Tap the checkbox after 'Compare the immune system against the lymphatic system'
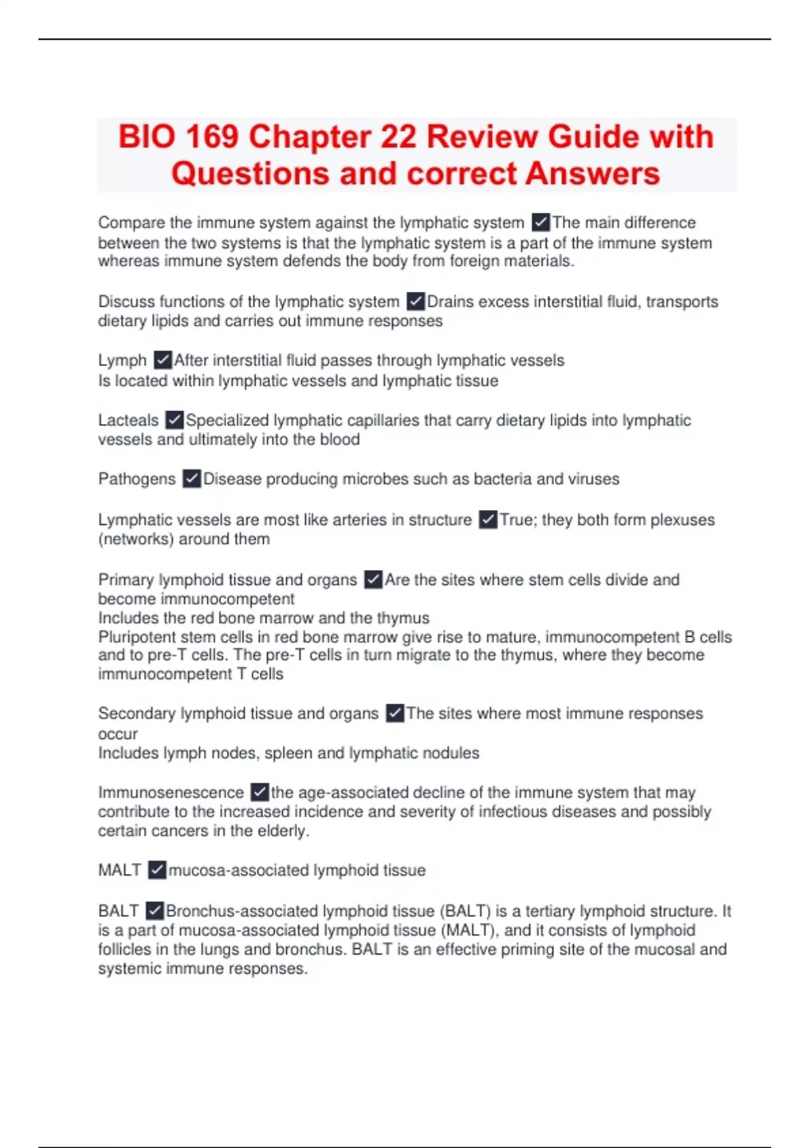tap(540, 222)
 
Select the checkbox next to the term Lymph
tap(163, 360)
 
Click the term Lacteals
tap(128, 420)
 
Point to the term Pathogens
tap(136, 479)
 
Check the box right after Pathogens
tap(192, 479)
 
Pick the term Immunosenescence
tap(171, 792)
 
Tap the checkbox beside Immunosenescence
tap(259, 792)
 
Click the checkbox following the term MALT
tap(157, 870)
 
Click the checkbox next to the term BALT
tap(155, 911)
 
